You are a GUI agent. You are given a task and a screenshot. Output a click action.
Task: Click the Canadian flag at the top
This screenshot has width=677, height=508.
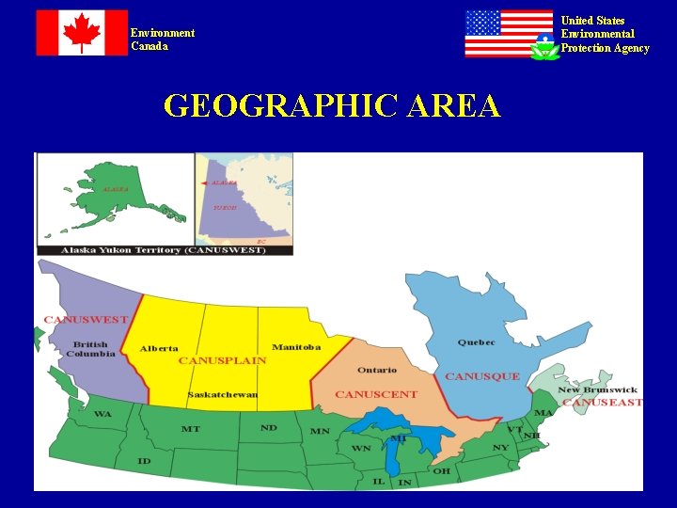pyautogui.click(x=82, y=33)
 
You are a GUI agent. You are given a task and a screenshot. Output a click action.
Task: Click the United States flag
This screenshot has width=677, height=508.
pyautogui.click(x=509, y=34)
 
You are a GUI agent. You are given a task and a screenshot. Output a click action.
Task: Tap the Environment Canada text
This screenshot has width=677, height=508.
pyautogui.click(x=163, y=40)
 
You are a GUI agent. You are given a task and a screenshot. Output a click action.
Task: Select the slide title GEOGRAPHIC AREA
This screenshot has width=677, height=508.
pyautogui.click(x=332, y=106)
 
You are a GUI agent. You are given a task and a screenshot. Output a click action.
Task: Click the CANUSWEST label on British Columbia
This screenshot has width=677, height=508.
pyautogui.click(x=86, y=320)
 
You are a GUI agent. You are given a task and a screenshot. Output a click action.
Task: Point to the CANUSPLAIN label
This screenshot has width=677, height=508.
pyautogui.click(x=222, y=360)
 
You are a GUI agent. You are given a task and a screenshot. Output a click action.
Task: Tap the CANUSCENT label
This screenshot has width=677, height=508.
pyautogui.click(x=376, y=394)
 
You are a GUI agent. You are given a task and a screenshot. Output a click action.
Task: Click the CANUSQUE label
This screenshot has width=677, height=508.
pyautogui.click(x=482, y=376)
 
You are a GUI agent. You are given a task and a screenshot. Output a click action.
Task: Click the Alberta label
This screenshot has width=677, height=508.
pyautogui.click(x=159, y=348)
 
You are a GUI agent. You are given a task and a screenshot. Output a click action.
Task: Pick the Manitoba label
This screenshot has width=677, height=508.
pyautogui.click(x=296, y=347)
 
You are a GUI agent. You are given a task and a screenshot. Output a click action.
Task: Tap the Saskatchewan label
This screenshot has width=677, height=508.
pyautogui.click(x=223, y=394)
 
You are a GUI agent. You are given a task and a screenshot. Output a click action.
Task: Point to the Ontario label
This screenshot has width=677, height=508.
pyautogui.click(x=377, y=370)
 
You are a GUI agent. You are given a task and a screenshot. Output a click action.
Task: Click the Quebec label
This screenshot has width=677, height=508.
pyautogui.click(x=477, y=342)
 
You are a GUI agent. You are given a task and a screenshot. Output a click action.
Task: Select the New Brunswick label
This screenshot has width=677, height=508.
pyautogui.click(x=597, y=389)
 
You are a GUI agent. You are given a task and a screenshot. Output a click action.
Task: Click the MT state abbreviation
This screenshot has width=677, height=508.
pyautogui.click(x=190, y=429)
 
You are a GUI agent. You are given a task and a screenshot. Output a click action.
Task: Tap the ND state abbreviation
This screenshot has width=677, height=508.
pyautogui.click(x=269, y=428)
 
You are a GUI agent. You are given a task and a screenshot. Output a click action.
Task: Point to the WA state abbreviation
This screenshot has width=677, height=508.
pyautogui.click(x=102, y=414)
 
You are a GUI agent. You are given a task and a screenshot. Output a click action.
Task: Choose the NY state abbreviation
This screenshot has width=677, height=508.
pyautogui.click(x=501, y=447)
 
